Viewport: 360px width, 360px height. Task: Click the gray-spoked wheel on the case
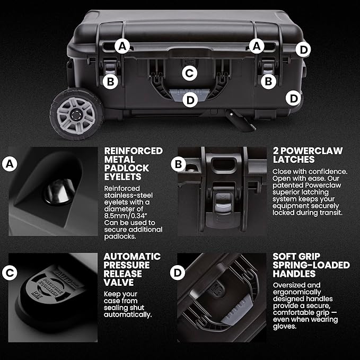click(x=77, y=114)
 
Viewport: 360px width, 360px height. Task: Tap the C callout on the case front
click(x=189, y=73)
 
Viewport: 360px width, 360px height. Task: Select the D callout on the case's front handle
click(x=190, y=100)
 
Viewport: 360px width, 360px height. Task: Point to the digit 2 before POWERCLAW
click(x=276, y=151)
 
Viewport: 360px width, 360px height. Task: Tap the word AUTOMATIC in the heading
click(x=132, y=257)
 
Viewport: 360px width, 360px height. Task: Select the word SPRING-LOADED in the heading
click(x=311, y=265)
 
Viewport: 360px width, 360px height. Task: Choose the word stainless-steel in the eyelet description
click(x=128, y=196)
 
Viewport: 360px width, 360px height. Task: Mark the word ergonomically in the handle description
click(x=297, y=292)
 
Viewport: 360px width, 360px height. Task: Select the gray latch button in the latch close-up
click(x=223, y=201)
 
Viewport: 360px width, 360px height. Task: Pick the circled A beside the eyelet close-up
click(x=10, y=164)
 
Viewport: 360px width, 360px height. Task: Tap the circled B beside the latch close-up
click(x=178, y=164)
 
